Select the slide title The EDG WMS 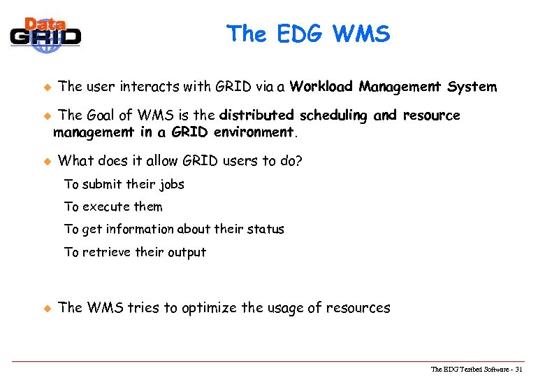click(308, 33)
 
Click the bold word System click(472, 87)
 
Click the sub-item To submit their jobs click(124, 185)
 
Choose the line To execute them click(113, 207)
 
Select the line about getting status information click(174, 230)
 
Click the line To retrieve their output click(135, 253)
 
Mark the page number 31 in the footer click(518, 370)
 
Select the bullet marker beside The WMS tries click(48, 308)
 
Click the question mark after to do click(299, 161)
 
